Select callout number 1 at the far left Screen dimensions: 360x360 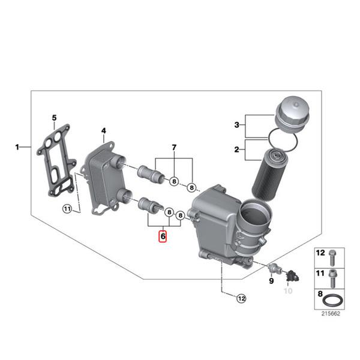[17, 146]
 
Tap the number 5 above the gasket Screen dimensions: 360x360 [53, 118]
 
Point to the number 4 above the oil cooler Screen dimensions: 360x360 [103, 131]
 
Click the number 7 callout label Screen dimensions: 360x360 [174, 148]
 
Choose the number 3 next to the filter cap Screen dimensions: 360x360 [236, 125]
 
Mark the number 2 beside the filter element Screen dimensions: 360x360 [236, 149]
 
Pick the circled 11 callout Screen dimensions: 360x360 [67, 209]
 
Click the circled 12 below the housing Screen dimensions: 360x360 [241, 298]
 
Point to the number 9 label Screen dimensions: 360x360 [271, 280]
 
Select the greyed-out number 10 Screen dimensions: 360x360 [287, 291]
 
